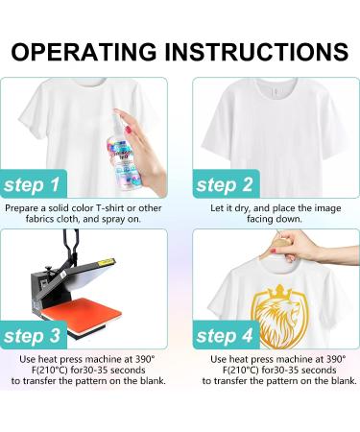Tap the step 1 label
[34, 184]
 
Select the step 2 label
[229, 184]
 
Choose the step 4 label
[229, 335]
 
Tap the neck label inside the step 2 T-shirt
[274, 94]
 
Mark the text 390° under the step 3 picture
[144, 358]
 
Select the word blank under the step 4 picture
[342, 381]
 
